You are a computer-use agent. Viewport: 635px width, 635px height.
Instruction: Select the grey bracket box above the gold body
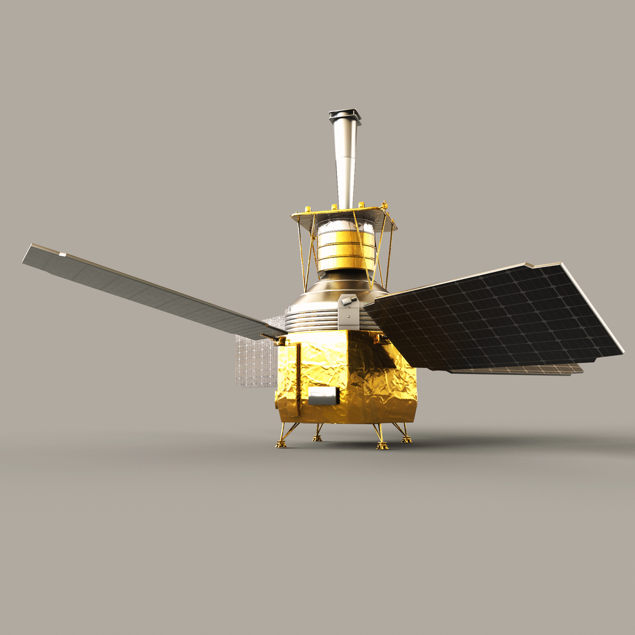pos(348,312)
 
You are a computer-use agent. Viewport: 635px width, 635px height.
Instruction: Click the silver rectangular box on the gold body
pos(323,396)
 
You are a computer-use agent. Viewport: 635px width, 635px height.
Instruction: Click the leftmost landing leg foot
pos(281,444)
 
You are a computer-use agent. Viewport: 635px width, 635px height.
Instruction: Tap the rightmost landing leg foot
pos(406,439)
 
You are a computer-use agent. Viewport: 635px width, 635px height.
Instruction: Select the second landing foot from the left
pos(317,439)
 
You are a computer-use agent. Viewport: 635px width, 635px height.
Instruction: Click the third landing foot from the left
pos(382,446)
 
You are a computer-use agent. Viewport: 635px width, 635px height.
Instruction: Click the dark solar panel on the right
pos(494,320)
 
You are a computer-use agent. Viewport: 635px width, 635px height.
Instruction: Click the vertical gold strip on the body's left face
pos(298,376)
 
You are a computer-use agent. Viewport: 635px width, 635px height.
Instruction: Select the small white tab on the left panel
pos(62,254)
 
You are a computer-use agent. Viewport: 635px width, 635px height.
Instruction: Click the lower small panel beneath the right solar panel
pos(529,370)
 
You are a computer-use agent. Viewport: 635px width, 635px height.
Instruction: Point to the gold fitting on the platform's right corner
pos(385,206)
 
